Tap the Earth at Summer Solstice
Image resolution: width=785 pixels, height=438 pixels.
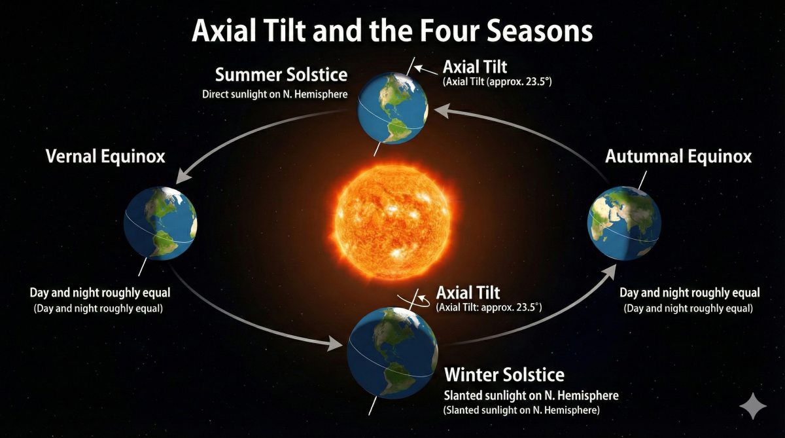(392, 108)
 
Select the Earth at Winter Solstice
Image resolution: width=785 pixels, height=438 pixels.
(392, 353)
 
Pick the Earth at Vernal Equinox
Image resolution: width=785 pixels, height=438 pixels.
(160, 223)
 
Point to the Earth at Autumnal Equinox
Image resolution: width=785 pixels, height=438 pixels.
(624, 223)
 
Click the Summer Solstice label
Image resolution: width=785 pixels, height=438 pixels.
(281, 75)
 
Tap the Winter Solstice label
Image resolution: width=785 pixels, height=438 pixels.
(504, 374)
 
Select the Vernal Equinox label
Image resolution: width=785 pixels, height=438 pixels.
(105, 156)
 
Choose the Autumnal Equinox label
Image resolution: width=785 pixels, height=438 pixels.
(678, 156)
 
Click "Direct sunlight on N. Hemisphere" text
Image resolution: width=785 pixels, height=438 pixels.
(275, 94)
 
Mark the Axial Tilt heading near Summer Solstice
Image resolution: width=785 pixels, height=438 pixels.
(475, 67)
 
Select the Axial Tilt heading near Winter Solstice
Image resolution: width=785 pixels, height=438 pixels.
(468, 293)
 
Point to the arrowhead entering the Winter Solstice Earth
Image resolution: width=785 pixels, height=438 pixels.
(335, 343)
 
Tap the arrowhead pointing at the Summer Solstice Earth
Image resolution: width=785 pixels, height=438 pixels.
(442, 111)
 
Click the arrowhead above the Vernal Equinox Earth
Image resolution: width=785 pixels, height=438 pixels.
(183, 175)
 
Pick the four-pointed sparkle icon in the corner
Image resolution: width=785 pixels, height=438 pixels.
(753, 406)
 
